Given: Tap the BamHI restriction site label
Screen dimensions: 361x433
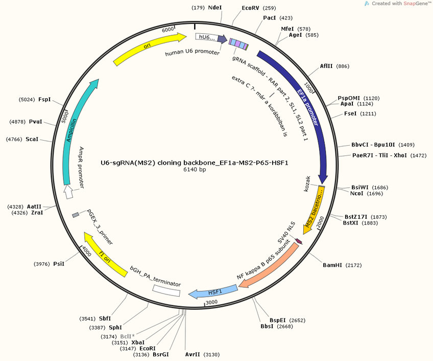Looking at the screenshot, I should tap(332, 265).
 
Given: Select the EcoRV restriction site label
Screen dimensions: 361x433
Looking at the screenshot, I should tap(251, 8).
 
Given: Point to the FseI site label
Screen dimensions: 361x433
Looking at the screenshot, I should tap(351, 113).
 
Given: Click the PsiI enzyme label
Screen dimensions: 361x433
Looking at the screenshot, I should tap(59, 264).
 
